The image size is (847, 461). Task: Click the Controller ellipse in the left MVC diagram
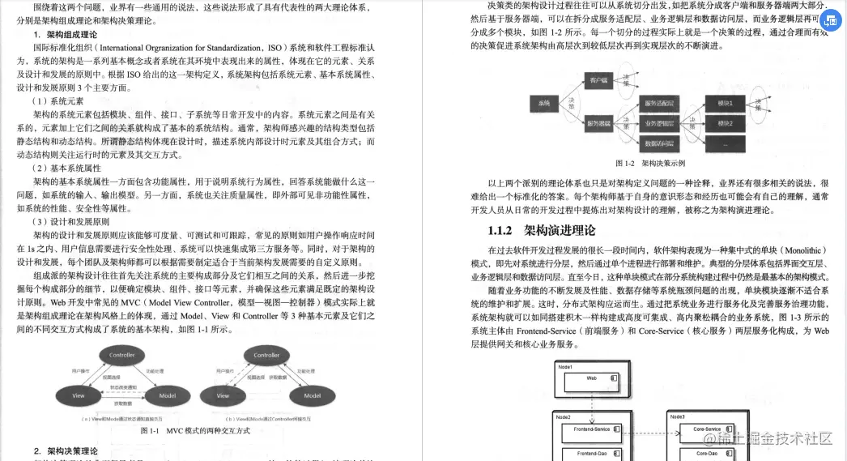coord(122,354)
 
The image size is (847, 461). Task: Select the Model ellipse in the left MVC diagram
coord(168,395)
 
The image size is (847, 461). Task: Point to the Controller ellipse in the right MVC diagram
coord(266,355)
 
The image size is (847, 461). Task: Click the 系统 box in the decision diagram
coord(544,103)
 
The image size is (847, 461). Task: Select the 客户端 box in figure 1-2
coord(599,81)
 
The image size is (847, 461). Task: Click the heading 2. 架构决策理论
coord(66,450)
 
